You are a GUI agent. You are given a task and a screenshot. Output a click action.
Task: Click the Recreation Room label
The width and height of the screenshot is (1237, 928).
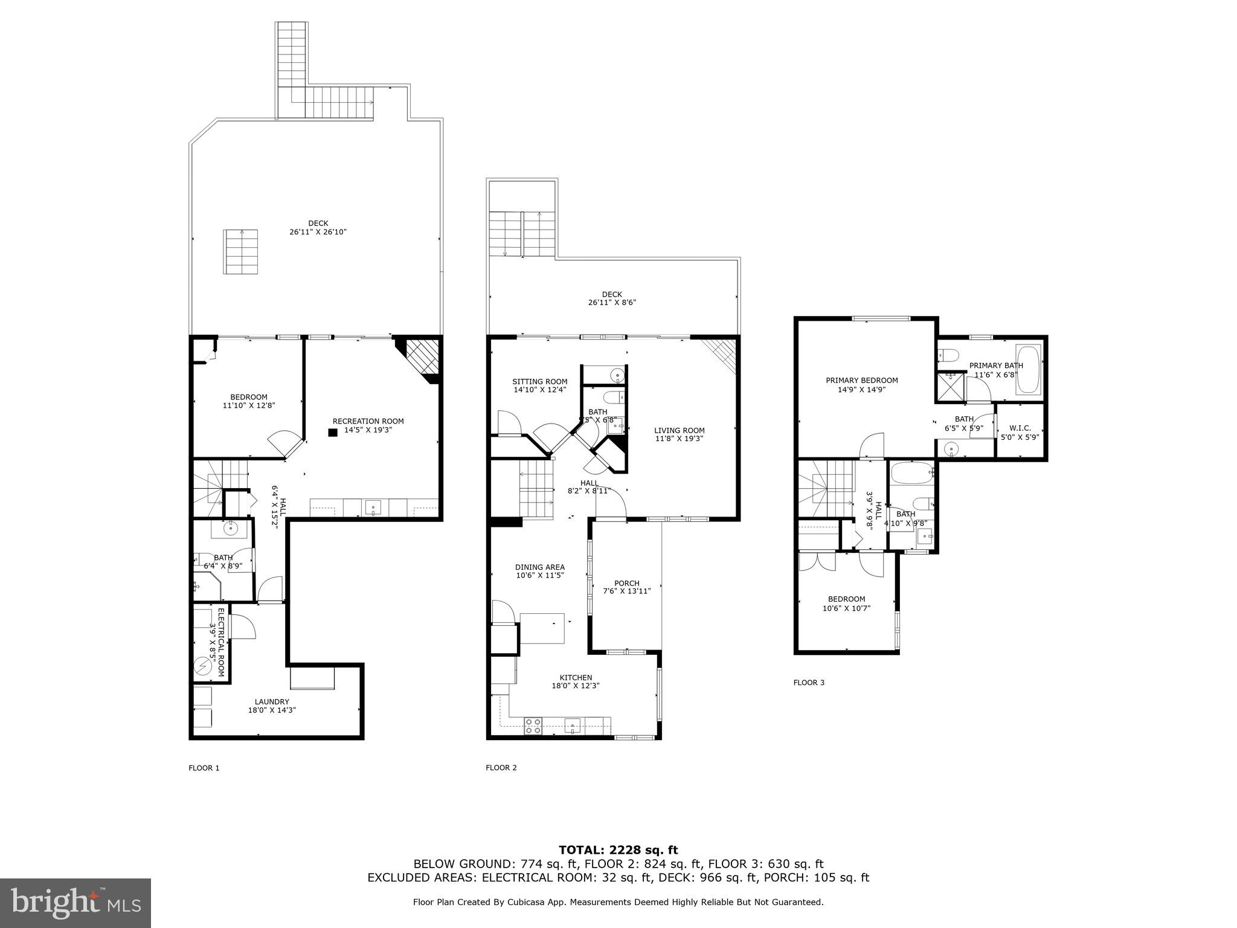click(368, 422)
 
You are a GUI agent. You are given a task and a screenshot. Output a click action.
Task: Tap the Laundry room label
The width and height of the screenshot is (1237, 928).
click(272, 702)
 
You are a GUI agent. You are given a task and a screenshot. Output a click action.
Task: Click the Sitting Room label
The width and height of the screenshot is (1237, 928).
click(539, 382)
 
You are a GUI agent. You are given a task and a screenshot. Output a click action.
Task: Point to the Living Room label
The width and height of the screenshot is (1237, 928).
click(680, 431)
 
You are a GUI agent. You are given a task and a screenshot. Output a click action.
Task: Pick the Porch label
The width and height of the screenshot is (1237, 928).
click(626, 584)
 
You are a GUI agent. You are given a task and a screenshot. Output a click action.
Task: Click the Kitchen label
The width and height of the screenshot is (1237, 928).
click(576, 678)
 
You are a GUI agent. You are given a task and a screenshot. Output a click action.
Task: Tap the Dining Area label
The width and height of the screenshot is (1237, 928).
click(539, 567)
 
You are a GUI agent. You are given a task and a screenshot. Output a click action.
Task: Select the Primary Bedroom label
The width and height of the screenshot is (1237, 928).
click(861, 381)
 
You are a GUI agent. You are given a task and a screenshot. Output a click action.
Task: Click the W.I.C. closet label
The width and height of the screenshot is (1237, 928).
click(1020, 428)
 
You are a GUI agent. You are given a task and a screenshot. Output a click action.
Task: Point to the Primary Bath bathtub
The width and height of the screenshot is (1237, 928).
click(1029, 370)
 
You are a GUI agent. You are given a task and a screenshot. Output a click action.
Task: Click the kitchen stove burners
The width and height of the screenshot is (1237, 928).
click(532, 726)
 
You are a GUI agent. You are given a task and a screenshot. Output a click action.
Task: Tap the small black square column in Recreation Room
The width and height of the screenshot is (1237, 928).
click(332, 433)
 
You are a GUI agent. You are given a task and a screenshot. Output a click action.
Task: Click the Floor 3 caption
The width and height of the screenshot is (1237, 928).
click(808, 683)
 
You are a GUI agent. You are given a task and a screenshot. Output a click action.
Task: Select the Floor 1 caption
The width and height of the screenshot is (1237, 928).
click(204, 768)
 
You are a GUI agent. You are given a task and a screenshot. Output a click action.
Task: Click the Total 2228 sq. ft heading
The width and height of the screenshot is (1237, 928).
click(618, 851)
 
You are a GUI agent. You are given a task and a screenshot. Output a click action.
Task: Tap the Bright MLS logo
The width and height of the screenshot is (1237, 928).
click(76, 903)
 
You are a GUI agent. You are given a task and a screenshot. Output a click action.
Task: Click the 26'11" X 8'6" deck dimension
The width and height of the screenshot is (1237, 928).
click(612, 303)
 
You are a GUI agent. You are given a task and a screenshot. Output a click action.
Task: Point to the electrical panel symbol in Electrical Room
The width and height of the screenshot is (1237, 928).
click(202, 666)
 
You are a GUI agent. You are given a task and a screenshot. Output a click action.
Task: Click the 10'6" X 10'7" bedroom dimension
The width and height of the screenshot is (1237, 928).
click(846, 608)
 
